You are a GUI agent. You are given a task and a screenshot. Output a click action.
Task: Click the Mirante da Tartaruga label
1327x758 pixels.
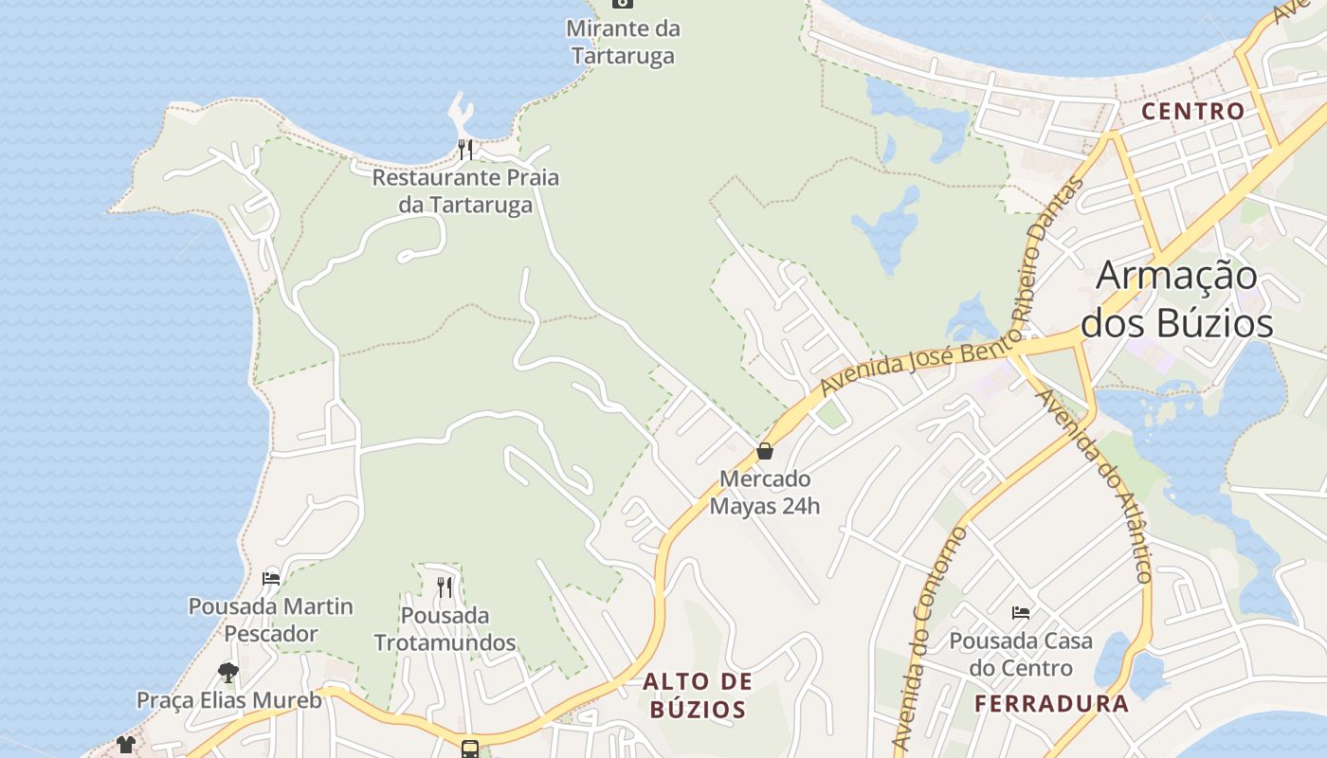(623, 42)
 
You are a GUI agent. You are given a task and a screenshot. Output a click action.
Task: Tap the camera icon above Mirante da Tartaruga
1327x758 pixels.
(623, 3)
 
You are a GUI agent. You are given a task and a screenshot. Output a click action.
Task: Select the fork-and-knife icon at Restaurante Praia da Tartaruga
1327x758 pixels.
(464, 149)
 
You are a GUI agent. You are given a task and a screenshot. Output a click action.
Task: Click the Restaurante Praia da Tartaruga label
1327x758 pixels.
(465, 191)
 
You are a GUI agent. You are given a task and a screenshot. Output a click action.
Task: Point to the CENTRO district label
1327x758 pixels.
(1192, 111)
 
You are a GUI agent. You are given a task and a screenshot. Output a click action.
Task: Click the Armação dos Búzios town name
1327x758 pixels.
(1177, 299)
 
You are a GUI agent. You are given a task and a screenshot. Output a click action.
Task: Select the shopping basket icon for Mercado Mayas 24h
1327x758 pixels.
(765, 451)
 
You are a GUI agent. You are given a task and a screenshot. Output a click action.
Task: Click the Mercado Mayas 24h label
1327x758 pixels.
(765, 493)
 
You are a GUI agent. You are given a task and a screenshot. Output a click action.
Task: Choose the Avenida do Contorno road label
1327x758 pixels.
(933, 640)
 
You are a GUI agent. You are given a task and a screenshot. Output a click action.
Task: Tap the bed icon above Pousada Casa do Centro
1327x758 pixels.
(1021, 613)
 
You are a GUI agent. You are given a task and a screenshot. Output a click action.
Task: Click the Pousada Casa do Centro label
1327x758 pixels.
(1021, 654)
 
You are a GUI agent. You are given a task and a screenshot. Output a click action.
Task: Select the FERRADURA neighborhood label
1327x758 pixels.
(1052, 704)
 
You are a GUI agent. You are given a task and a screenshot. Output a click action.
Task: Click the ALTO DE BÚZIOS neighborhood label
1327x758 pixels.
(698, 695)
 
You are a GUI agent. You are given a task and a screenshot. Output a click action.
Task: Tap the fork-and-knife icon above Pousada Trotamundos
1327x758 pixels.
(445, 587)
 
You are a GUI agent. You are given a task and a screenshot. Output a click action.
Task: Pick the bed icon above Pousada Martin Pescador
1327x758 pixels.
(271, 578)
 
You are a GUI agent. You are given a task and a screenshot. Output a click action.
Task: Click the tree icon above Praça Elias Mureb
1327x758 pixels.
(227, 673)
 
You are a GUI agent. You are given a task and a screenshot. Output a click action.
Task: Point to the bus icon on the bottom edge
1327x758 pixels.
(470, 749)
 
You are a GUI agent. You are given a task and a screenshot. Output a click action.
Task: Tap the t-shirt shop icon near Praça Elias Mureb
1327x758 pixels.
(126, 745)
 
